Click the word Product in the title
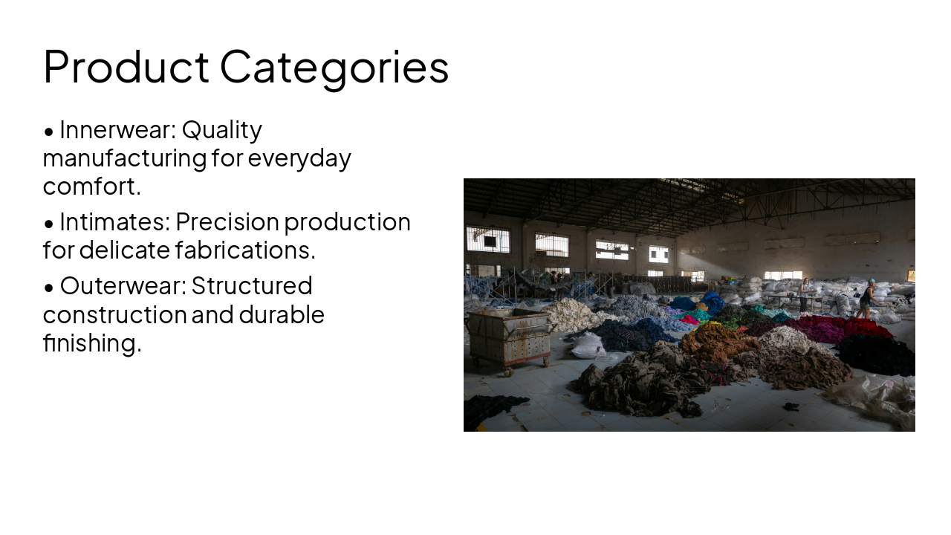click(126, 67)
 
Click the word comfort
click(91, 187)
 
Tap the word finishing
click(91, 343)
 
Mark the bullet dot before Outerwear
click(49, 287)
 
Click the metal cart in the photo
click(509, 337)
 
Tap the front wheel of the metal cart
click(508, 371)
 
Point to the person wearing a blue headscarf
click(867, 299)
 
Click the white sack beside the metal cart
click(588, 346)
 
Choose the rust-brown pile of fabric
click(717, 343)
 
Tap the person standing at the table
click(804, 294)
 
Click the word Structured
click(252, 286)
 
